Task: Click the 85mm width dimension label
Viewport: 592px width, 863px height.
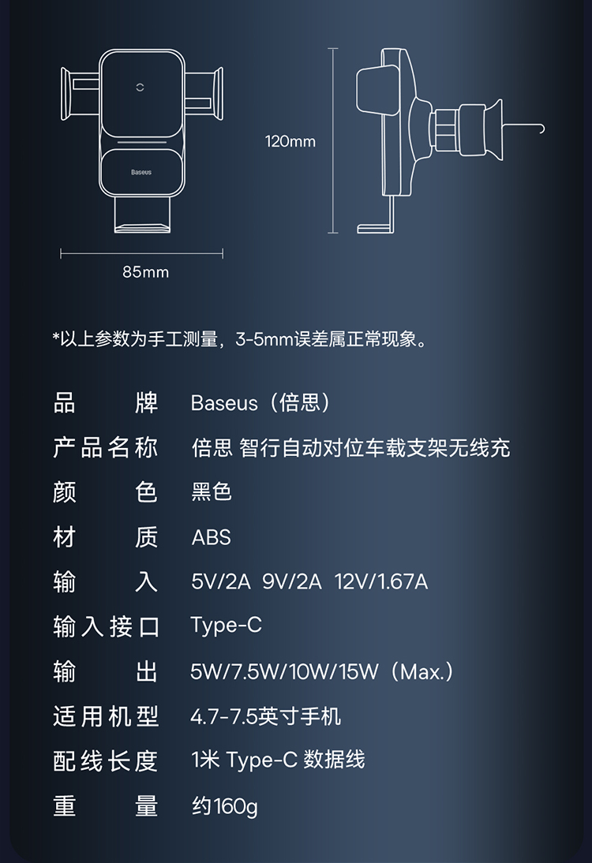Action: tap(146, 272)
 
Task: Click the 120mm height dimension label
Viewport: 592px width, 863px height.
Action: tap(290, 142)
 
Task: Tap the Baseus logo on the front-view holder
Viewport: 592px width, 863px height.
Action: tap(141, 172)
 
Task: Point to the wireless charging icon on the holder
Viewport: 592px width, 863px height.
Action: tap(142, 88)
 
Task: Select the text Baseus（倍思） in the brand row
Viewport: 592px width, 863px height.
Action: tap(261, 403)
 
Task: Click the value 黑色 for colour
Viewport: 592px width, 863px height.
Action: tap(212, 492)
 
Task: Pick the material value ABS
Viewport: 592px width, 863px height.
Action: tap(212, 538)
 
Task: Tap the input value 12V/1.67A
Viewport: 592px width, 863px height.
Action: tap(381, 582)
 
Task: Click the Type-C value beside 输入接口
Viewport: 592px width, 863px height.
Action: tap(226, 626)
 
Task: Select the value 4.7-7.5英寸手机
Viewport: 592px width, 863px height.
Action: tap(266, 716)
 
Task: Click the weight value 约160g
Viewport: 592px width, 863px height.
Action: tap(224, 807)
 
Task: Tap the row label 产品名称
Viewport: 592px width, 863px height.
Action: tap(106, 448)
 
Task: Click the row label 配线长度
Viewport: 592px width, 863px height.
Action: tap(106, 760)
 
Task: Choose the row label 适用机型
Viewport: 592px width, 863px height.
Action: tap(106, 716)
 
